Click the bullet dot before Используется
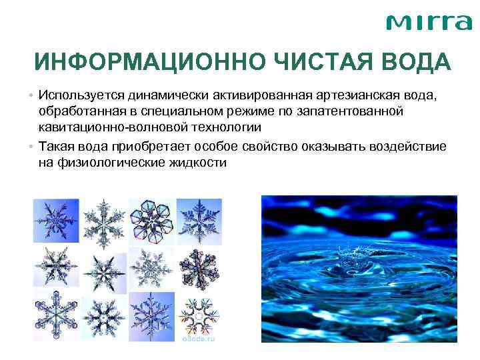point(32,95)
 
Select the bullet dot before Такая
point(32,146)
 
